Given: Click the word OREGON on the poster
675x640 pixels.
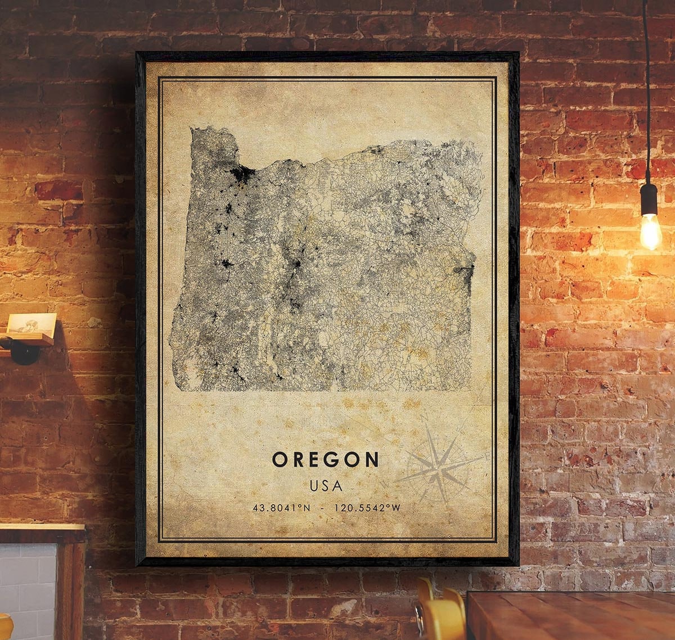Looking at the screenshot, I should (x=326, y=460).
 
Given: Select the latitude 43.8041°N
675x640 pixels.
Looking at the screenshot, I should (x=281, y=508).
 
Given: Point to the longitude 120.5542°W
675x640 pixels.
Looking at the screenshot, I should (x=367, y=508).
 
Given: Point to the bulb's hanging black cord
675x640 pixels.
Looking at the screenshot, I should (x=647, y=84).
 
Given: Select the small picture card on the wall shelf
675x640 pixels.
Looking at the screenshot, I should (x=32, y=325).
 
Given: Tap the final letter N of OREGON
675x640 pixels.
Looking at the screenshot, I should (x=371, y=460).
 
